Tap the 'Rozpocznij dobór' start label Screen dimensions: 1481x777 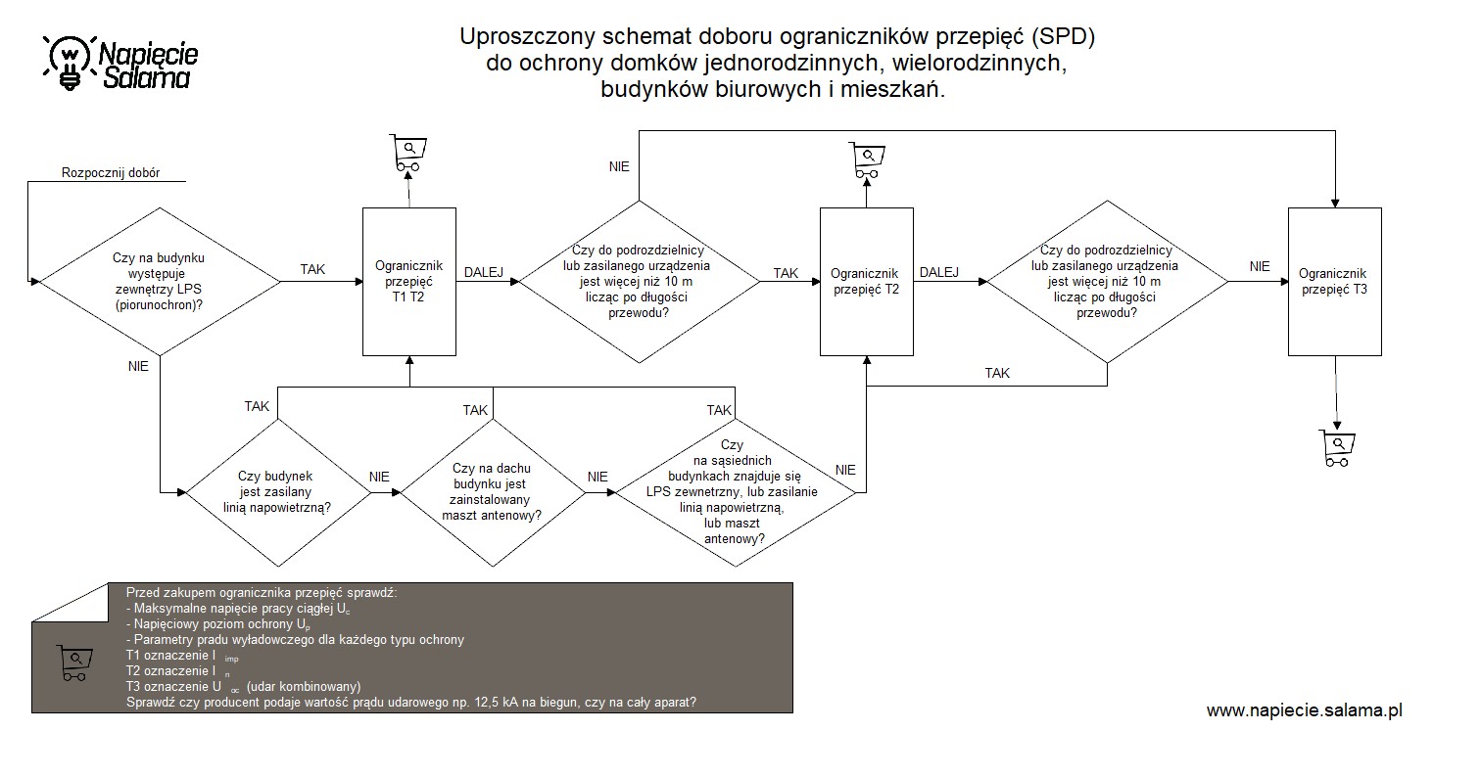coord(111,173)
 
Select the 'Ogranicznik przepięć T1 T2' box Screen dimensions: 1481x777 coord(409,282)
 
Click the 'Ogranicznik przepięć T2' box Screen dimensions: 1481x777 coord(866,282)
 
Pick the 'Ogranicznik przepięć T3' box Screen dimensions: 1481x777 coord(1334,282)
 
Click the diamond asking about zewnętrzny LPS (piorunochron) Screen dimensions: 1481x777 coord(160,282)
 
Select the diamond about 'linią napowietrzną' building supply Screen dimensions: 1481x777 coord(278,492)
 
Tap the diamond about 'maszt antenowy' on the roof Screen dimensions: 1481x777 coord(493,492)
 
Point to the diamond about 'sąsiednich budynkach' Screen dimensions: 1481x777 coord(736,492)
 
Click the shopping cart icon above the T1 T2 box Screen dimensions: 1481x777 coord(407,153)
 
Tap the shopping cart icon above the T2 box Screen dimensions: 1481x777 coord(867,160)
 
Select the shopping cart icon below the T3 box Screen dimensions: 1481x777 coord(1337,448)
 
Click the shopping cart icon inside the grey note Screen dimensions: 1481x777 coord(74,663)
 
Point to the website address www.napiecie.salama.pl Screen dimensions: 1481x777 coord(1304,710)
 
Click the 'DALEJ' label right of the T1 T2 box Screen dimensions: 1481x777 coord(483,272)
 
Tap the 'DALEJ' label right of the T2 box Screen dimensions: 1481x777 coord(938,272)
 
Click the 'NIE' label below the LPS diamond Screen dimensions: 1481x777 coord(138,366)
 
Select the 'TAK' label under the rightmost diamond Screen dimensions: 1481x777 coord(997,373)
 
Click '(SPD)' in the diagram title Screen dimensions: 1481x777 coord(1063,36)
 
